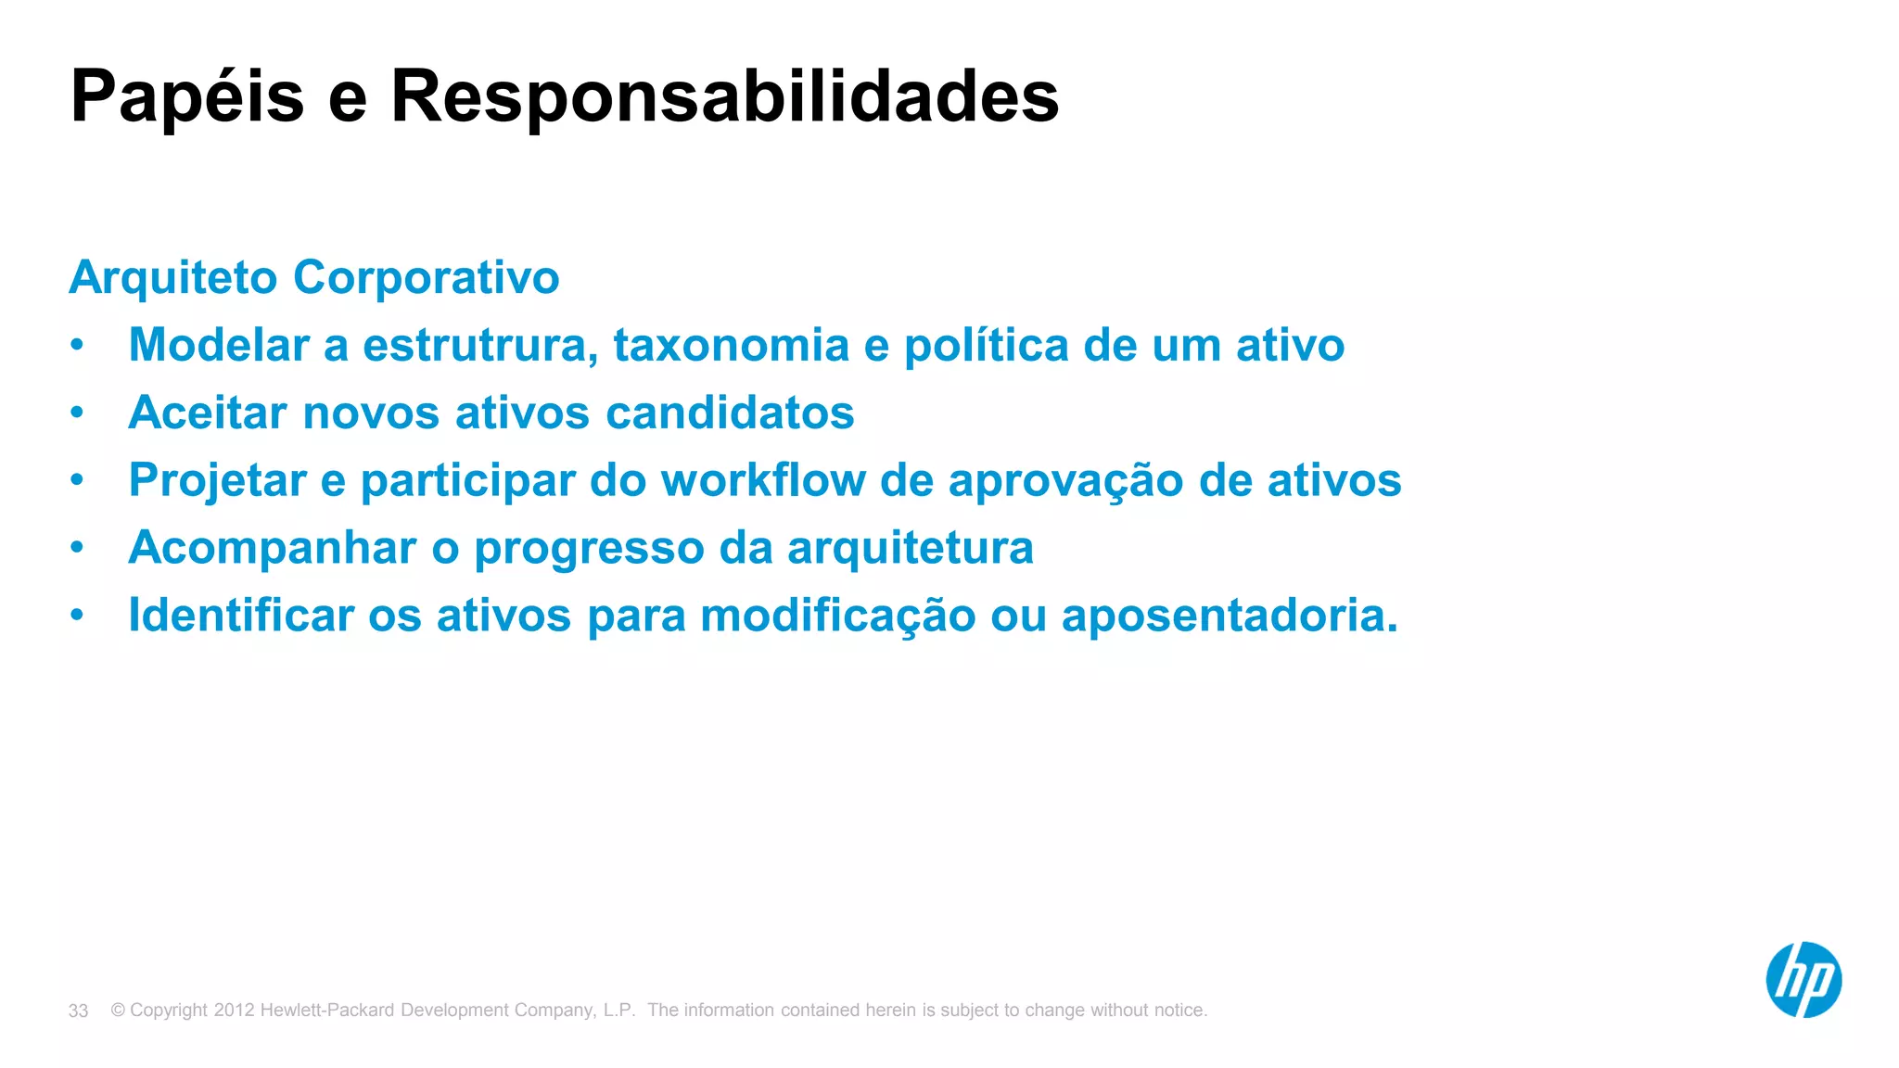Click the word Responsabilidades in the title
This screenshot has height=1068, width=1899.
tap(724, 96)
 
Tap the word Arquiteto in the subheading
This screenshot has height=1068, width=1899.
tap(173, 278)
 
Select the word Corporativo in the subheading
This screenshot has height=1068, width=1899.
tap(427, 278)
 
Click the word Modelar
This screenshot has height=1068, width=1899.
tap(219, 345)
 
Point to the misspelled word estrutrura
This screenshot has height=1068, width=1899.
tap(480, 345)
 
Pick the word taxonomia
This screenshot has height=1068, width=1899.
tap(731, 345)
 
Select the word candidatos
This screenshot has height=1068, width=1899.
tap(730, 413)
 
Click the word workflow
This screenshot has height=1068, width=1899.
tap(762, 480)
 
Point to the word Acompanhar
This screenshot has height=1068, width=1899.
tap(273, 548)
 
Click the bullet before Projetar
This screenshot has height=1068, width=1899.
tap(78, 480)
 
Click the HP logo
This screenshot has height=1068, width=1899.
tap(1803, 980)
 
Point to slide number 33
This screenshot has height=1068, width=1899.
tap(79, 1011)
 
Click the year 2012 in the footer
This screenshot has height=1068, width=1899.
tap(234, 1010)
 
